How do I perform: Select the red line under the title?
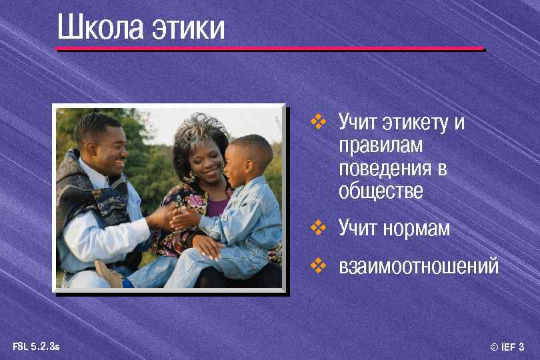[x=270, y=49]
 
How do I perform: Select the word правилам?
[x=381, y=145]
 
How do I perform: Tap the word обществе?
[x=381, y=191]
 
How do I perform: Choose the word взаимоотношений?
[x=419, y=267]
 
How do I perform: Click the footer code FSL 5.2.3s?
[x=37, y=347]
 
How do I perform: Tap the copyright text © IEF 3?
[x=507, y=347]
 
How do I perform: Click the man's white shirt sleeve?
[x=100, y=230]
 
